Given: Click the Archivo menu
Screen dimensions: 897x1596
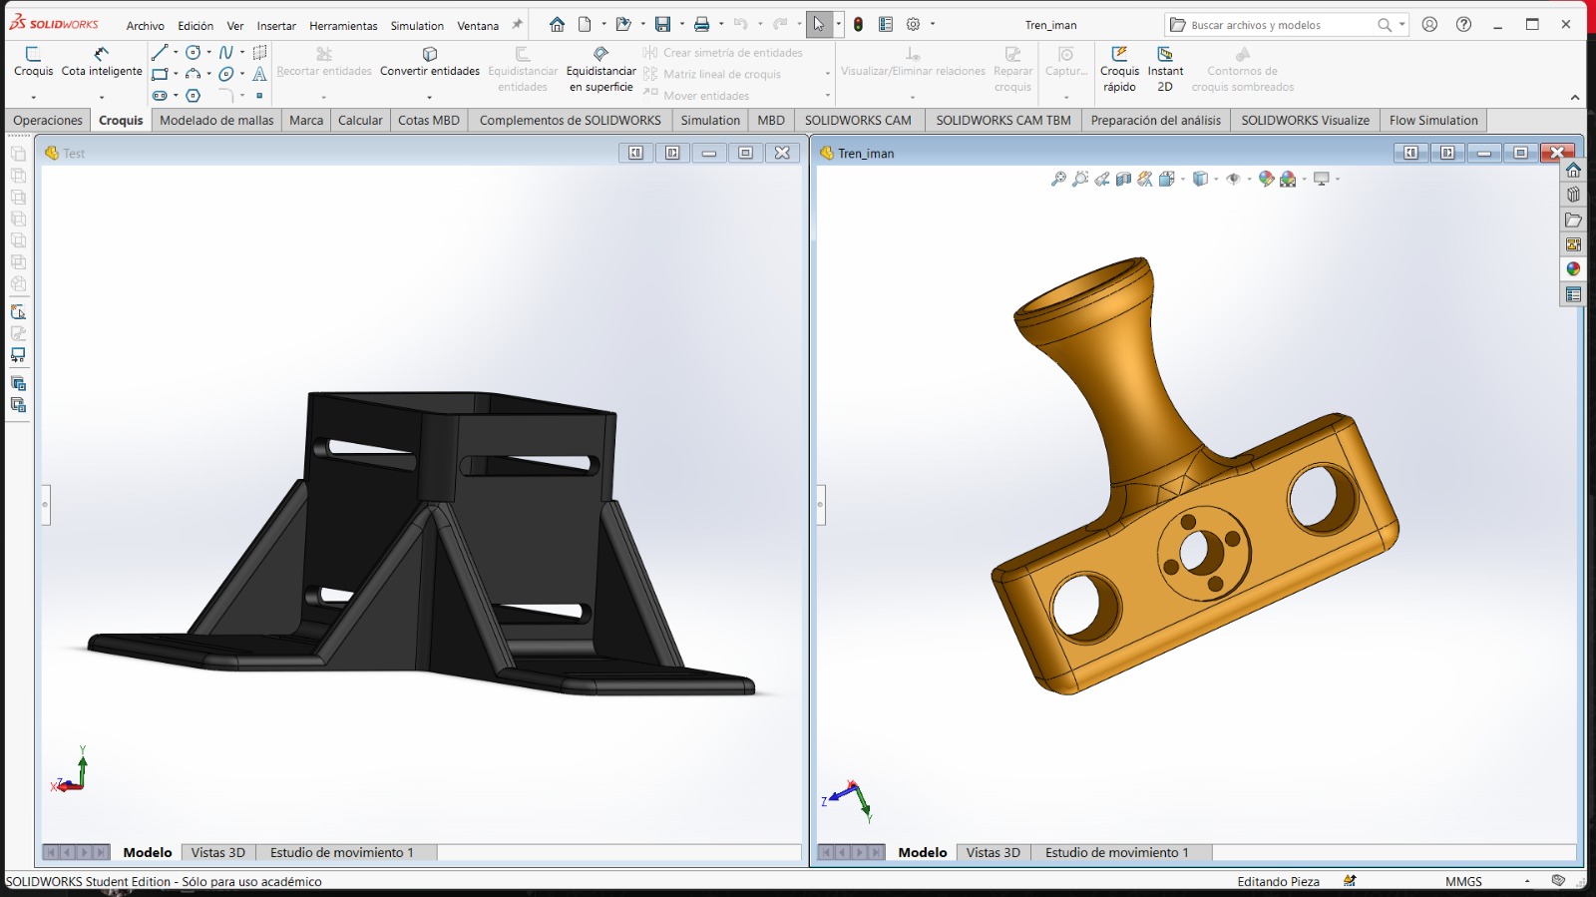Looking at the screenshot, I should (x=145, y=26).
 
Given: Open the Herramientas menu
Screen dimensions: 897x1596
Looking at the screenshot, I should (x=343, y=26).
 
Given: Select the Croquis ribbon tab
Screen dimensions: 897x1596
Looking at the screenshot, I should (x=121, y=121).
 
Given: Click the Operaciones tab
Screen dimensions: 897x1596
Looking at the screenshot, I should (x=48, y=121).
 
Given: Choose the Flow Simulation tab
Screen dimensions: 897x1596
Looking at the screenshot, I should (x=1432, y=121).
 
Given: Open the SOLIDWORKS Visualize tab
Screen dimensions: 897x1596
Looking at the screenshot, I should (x=1305, y=121).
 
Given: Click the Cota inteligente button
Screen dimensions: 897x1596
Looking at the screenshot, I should (x=102, y=61).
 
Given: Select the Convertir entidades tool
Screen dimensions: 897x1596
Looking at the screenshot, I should (x=430, y=61).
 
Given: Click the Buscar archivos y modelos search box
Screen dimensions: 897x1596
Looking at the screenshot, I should (x=1277, y=25).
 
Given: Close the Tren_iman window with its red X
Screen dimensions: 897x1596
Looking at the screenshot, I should (x=1556, y=153).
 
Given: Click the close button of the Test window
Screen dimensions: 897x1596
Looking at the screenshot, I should (x=782, y=153).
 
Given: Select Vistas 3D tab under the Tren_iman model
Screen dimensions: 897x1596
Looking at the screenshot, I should (x=993, y=853).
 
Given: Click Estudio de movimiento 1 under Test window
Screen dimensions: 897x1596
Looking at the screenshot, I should (x=341, y=853).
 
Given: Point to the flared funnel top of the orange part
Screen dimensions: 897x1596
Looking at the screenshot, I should (x=1082, y=289).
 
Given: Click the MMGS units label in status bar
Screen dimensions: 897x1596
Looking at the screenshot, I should (x=1463, y=882).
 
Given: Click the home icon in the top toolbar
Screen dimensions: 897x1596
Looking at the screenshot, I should (x=557, y=25).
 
